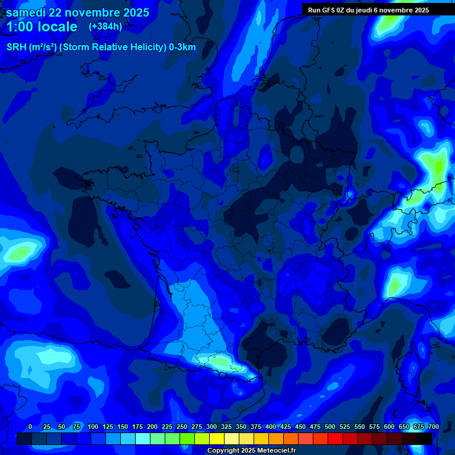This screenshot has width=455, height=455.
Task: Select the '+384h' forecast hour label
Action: tap(105, 26)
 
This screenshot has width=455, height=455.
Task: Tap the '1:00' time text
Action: tap(21, 27)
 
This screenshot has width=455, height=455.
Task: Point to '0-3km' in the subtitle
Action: tap(182, 47)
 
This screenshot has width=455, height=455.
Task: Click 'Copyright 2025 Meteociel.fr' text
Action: tap(251, 450)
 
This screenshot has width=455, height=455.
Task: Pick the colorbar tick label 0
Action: tap(30, 427)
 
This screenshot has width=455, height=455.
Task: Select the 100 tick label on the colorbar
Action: tap(92, 427)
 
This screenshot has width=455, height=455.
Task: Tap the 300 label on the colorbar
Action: tap(212, 427)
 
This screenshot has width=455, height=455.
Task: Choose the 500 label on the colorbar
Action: tap(330, 427)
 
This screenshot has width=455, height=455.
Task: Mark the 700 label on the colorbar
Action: tap(433, 427)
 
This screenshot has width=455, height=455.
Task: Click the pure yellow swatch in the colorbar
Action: tap(217, 438)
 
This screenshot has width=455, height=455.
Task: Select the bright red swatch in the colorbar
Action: tap(335, 438)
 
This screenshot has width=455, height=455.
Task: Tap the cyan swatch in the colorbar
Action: tap(143, 438)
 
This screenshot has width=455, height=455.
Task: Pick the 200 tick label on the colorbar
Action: tap(152, 427)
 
